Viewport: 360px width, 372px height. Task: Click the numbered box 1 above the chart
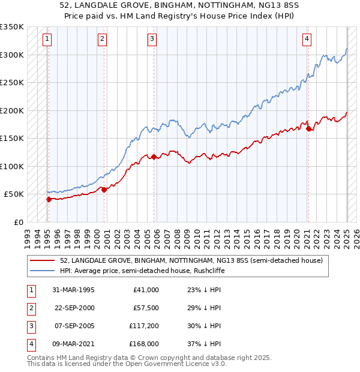pyautogui.click(x=47, y=39)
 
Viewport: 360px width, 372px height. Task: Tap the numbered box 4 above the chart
pyautogui.click(x=307, y=39)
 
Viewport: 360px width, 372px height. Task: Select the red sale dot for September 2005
pyautogui.click(x=154, y=157)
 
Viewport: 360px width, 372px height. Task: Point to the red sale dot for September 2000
pyautogui.click(x=104, y=190)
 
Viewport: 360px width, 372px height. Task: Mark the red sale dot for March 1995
pyautogui.click(x=49, y=199)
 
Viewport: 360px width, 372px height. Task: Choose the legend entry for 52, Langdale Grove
pyautogui.click(x=191, y=260)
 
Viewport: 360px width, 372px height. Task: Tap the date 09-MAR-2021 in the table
pyautogui.click(x=73, y=344)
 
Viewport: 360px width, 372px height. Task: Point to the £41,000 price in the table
pyautogui.click(x=146, y=290)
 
